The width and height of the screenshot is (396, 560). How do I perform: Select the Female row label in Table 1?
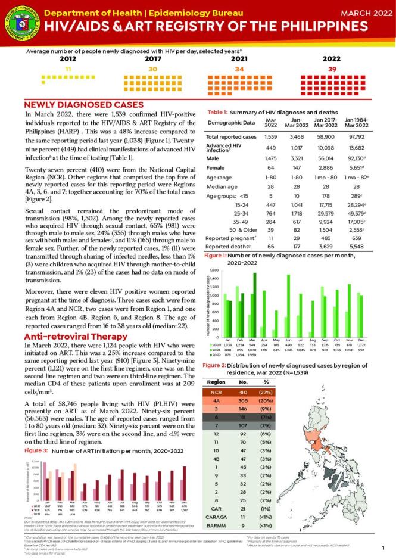[x=216, y=169]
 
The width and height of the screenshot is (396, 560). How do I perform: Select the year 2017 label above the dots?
[x=153, y=59]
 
